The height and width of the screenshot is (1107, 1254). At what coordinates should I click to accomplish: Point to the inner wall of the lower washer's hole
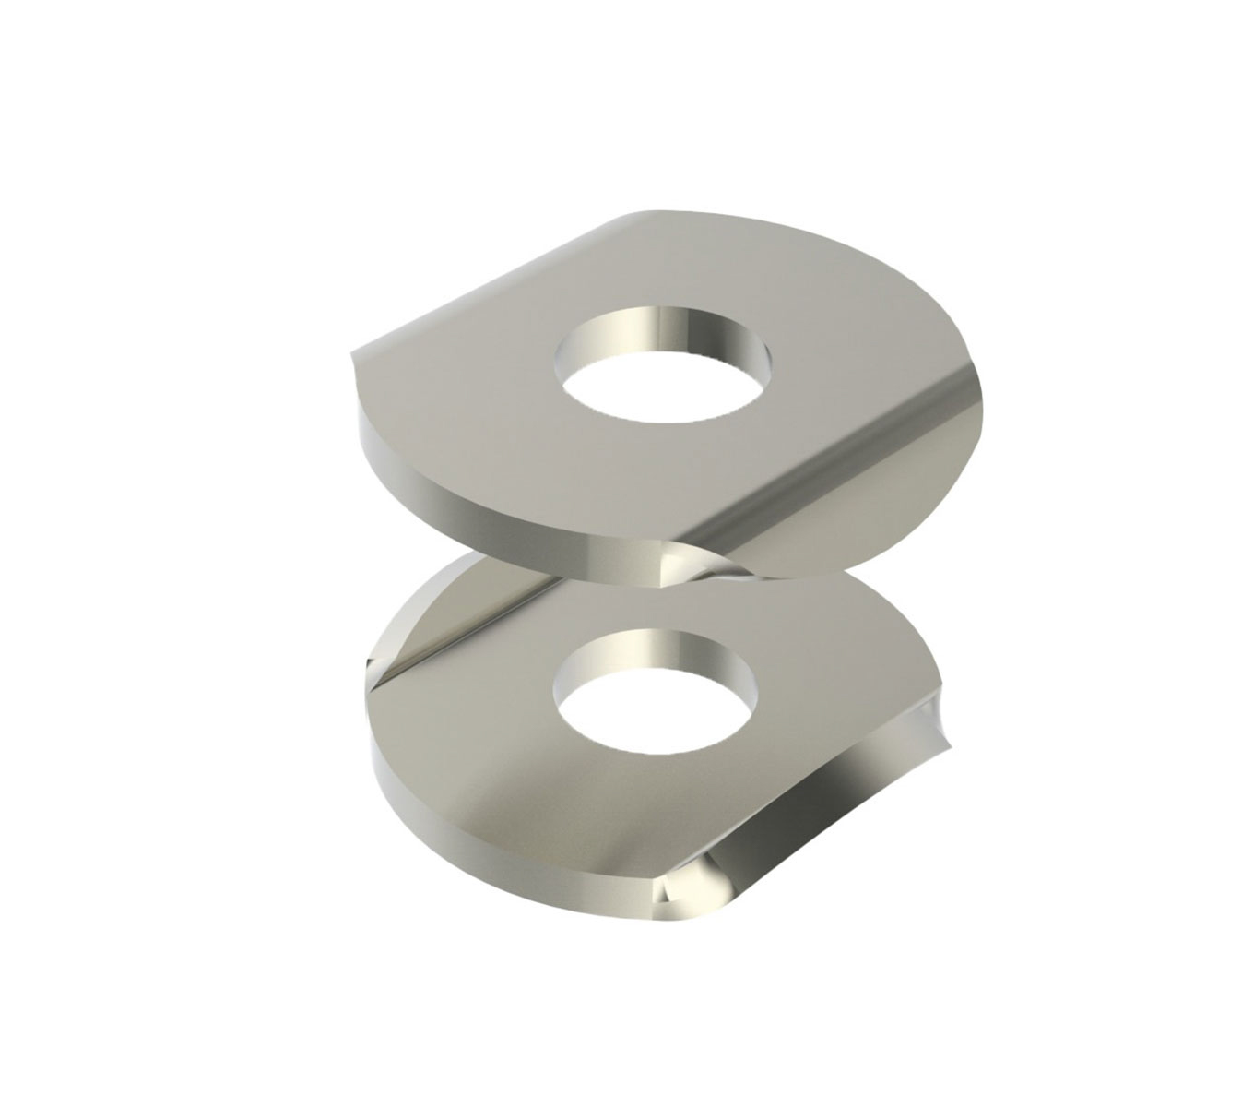coord(657,650)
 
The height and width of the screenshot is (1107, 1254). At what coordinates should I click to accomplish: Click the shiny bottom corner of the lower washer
coord(687,890)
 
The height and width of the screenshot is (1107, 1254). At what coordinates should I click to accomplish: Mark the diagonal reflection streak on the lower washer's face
coord(479,627)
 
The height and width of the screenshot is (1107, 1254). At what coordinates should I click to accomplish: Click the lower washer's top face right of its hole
coord(830,701)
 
